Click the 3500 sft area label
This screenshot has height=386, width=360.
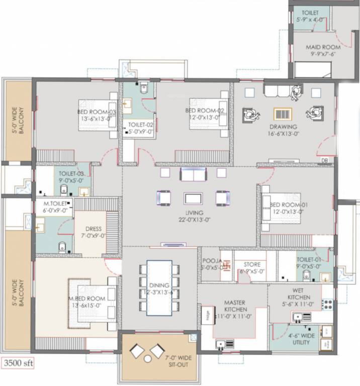click(18, 362)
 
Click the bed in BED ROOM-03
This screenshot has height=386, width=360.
click(98, 116)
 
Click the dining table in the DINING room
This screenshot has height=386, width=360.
click(159, 287)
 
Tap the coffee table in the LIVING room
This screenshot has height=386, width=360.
click(192, 198)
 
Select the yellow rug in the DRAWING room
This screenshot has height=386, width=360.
click(283, 114)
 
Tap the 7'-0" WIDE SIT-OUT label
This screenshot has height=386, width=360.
click(175, 361)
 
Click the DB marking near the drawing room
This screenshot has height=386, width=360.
click(324, 161)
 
